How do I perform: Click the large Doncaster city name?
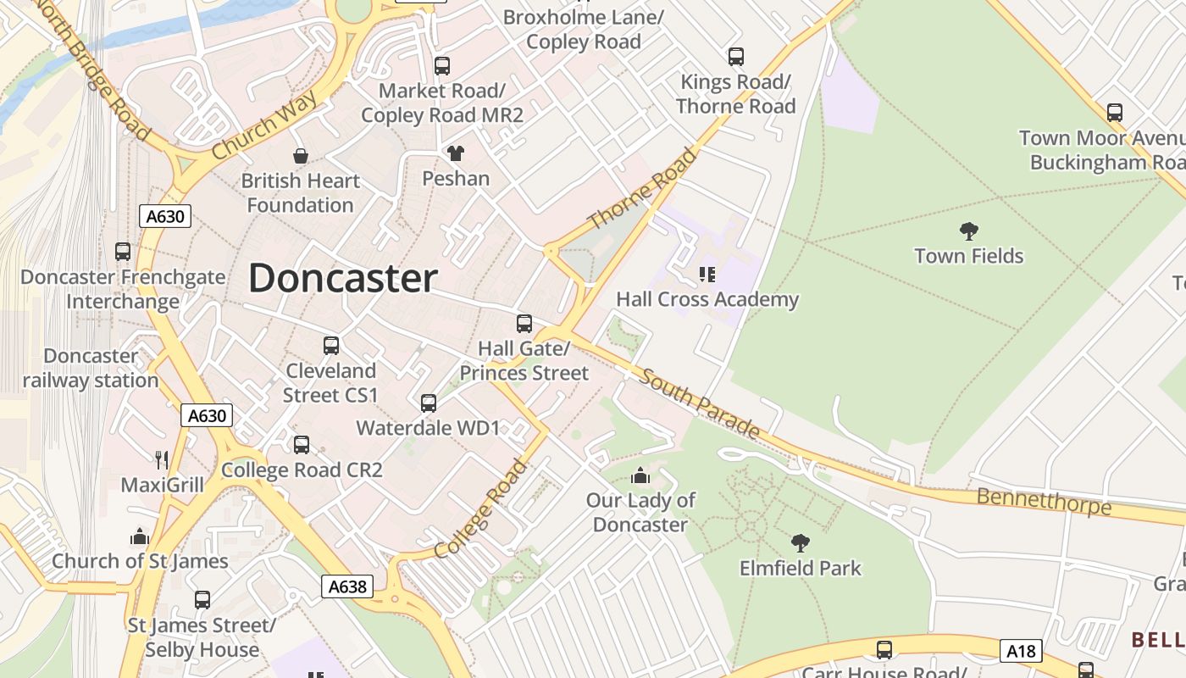click(342, 279)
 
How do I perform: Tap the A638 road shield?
click(347, 586)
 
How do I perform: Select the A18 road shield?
click(1021, 650)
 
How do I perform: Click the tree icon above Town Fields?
click(969, 231)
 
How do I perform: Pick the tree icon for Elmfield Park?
click(800, 542)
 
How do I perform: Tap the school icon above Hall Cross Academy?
click(707, 274)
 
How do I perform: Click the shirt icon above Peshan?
click(456, 153)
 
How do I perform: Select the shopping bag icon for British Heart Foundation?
click(300, 156)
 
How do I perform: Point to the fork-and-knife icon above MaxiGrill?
click(162, 460)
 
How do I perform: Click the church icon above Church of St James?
click(140, 536)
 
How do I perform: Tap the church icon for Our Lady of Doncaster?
click(640, 475)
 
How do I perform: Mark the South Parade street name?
click(699, 403)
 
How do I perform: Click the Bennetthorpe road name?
click(1044, 501)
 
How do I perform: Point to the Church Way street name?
click(264, 125)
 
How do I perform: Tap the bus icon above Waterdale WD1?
click(429, 403)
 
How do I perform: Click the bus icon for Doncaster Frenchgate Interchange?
click(123, 252)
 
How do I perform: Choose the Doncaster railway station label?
click(91, 368)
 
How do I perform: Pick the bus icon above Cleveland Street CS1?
click(331, 346)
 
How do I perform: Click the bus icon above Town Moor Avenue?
click(1115, 113)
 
